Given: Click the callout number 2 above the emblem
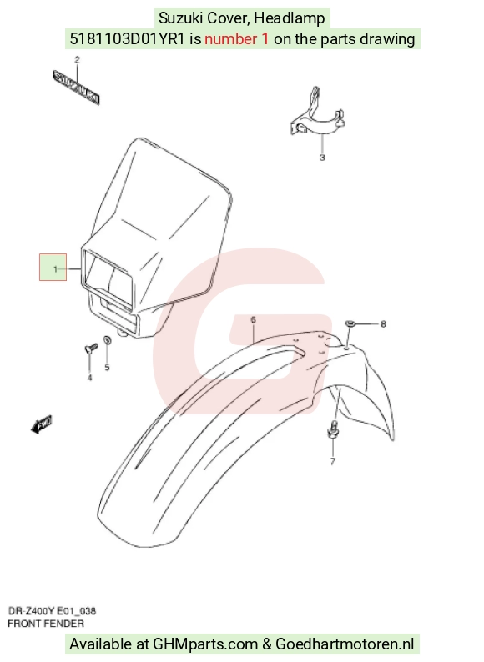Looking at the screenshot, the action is tap(77, 60).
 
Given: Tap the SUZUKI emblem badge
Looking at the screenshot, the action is tap(77, 88).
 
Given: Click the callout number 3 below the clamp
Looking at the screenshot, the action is tap(322, 158).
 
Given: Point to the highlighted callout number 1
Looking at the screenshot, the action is tap(55, 269).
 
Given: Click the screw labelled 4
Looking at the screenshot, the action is tap(91, 349).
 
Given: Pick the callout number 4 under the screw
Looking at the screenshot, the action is tap(89, 378).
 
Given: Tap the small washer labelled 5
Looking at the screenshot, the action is tap(108, 340).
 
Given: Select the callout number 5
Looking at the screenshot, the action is tap(107, 368).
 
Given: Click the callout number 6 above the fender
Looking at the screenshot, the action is tap(253, 320).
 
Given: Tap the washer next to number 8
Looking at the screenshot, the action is tap(350, 323).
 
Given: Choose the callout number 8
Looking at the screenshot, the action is tap(383, 324).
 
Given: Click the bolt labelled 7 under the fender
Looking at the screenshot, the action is tap(333, 429).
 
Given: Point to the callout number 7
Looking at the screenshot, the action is tap(333, 461).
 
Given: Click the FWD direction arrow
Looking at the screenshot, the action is tap(42, 424).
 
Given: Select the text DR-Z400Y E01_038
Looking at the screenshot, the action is tap(52, 611).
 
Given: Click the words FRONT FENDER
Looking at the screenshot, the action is tap(46, 624).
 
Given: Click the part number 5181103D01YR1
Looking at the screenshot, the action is tap(127, 39).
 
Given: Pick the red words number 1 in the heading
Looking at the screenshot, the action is tap(237, 39).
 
